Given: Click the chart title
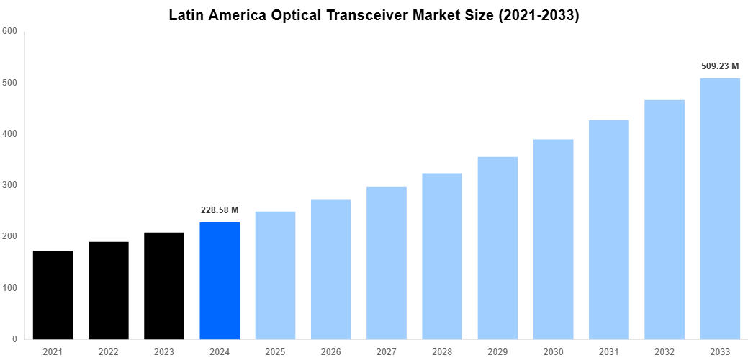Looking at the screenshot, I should [x=374, y=15].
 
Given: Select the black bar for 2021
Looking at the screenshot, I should [x=53, y=294].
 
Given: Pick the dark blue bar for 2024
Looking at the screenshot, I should [x=220, y=280].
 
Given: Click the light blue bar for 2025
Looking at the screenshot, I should [x=275, y=275].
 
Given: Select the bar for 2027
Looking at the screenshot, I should [x=386, y=263].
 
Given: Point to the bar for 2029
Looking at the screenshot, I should [x=497, y=248].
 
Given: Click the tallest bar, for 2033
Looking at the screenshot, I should [x=720, y=208].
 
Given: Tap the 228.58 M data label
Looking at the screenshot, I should [x=220, y=210].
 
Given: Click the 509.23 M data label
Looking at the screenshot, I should [x=720, y=66].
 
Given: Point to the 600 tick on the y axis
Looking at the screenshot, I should [x=10, y=31].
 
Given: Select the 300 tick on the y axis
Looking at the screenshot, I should [x=10, y=185].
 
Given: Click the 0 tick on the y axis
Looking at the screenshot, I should [x=14, y=339].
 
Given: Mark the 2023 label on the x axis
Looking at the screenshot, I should [x=163, y=351].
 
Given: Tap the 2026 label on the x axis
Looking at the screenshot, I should [x=330, y=351].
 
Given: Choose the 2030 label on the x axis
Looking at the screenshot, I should [x=553, y=351].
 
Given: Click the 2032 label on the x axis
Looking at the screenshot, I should [x=664, y=351].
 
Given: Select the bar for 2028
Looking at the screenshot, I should [x=442, y=256].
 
